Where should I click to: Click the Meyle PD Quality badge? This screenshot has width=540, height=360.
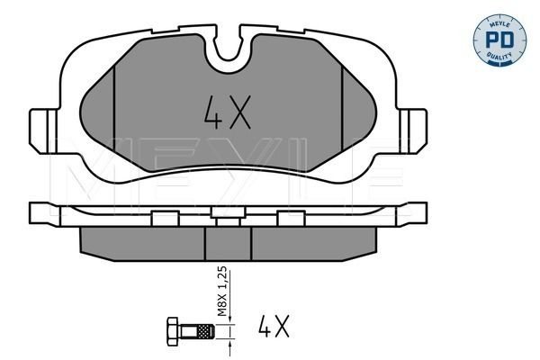click(499, 40)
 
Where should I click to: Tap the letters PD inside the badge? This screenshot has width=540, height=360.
click(499, 40)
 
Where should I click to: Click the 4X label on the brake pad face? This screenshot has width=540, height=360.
click(228, 112)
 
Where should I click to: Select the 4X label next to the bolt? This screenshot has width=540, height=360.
click(274, 326)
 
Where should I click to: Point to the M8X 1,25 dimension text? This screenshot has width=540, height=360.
click(223, 291)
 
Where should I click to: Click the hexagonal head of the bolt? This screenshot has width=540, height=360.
click(172, 331)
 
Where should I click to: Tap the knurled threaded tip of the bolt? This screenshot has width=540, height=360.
click(205, 331)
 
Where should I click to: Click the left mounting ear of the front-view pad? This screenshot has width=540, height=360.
click(43, 130)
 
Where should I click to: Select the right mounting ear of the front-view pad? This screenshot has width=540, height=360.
click(413, 130)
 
